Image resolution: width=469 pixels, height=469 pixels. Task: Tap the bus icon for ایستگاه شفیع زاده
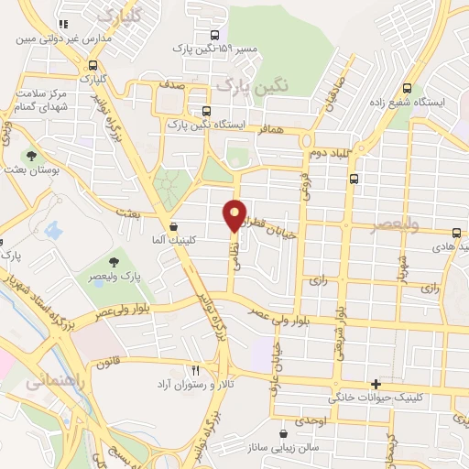point(407,89)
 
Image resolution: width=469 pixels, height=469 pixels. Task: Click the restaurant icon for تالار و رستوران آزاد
point(195,370)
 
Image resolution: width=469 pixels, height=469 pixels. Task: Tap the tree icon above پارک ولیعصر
point(114,263)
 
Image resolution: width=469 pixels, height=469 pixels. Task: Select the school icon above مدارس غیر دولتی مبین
point(62,26)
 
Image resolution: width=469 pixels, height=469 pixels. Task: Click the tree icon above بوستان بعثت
point(33,157)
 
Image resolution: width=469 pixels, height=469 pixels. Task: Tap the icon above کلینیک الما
point(174,225)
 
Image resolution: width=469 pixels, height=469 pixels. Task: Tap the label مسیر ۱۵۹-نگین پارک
point(215,49)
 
